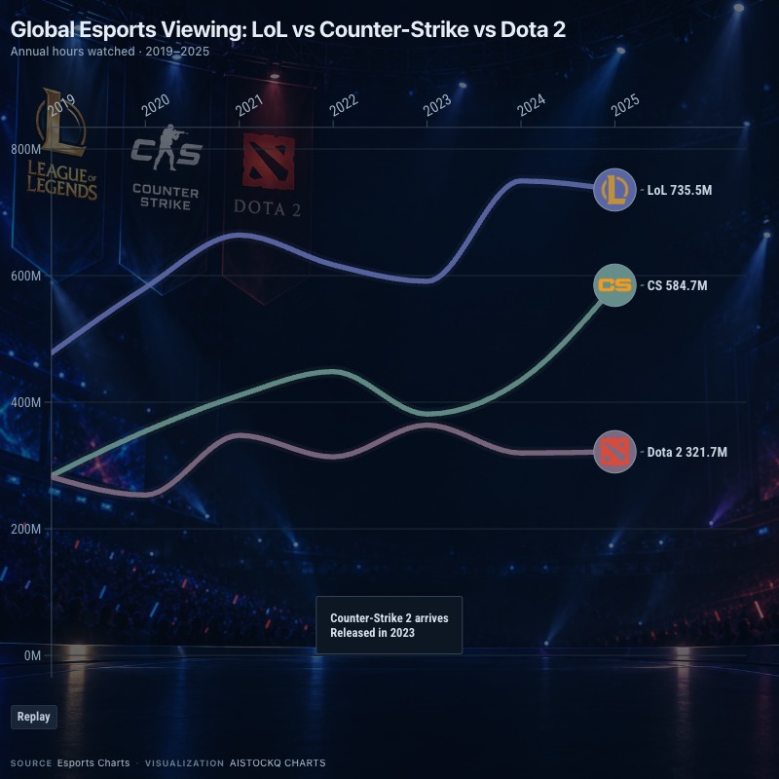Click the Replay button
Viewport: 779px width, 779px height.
tap(34, 717)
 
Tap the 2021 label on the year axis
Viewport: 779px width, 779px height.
tap(249, 105)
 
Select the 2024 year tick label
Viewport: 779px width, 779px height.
tap(531, 105)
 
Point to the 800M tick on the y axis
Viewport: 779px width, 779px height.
tap(26, 149)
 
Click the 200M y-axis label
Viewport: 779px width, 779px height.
tap(26, 529)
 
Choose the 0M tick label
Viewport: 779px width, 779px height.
tap(33, 655)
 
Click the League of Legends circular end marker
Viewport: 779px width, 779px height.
tap(614, 190)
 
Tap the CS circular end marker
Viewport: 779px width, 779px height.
tap(614, 285)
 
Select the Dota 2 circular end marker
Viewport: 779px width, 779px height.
tap(614, 452)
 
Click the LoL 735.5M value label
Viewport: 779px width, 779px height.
tap(679, 190)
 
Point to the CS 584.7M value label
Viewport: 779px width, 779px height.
tap(677, 285)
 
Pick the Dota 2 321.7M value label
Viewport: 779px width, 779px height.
tap(687, 452)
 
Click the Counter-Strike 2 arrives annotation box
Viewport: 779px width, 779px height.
tap(389, 625)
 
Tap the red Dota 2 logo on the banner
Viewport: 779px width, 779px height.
tap(269, 162)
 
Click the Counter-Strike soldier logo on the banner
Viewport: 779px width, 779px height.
tap(167, 148)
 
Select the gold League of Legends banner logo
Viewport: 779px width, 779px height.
tap(61, 144)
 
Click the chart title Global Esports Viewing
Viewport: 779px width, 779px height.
tap(288, 30)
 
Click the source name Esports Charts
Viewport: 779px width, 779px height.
tap(93, 763)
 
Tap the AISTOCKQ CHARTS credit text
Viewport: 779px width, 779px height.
tap(278, 763)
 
